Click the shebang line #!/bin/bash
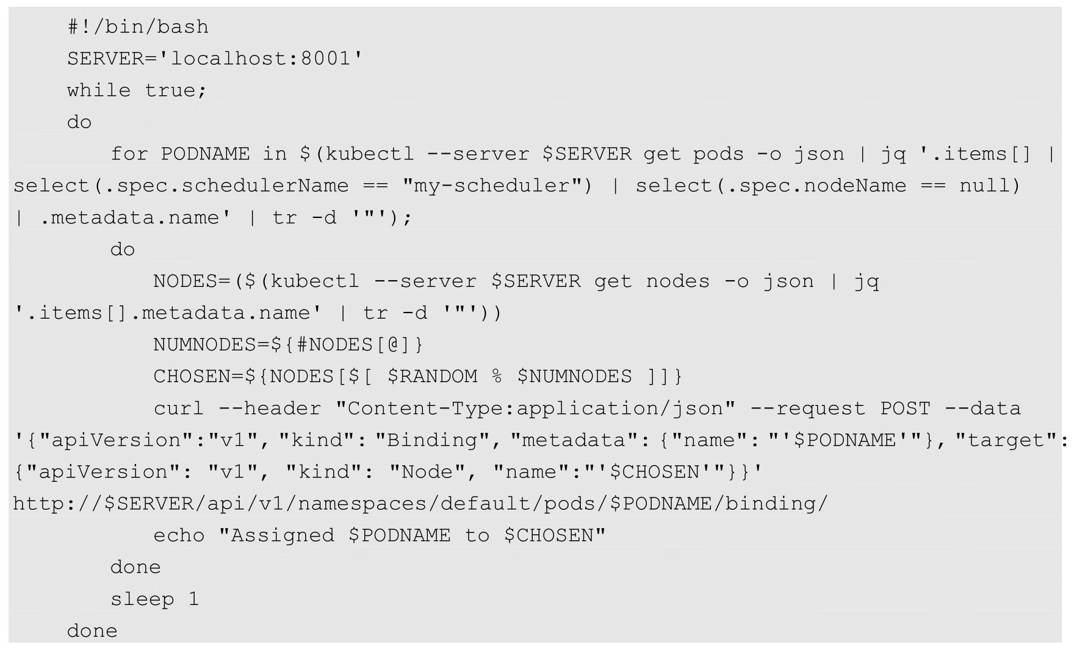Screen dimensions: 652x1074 click(138, 27)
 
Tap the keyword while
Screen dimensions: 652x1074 click(99, 90)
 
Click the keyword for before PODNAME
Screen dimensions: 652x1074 click(129, 154)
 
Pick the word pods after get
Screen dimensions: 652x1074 click(718, 154)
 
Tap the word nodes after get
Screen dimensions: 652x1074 click(678, 281)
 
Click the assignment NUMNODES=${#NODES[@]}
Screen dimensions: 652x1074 click(288, 345)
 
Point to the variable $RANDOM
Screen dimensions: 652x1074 click(433, 377)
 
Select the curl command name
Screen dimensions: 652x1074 click(179, 408)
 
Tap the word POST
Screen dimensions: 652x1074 click(906, 408)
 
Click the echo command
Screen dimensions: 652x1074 click(179, 535)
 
